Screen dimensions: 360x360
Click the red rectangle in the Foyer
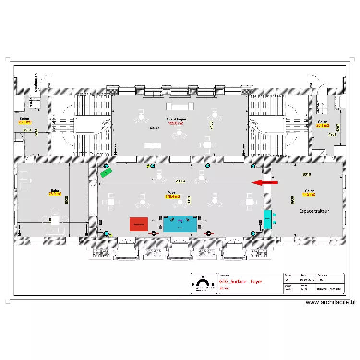[139, 224]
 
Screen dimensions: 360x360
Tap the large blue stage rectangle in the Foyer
[180, 224]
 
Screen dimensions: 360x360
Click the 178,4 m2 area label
[172, 197]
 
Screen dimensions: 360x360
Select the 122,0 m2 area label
[176, 123]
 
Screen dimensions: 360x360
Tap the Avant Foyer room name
[176, 119]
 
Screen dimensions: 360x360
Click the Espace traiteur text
[314, 211]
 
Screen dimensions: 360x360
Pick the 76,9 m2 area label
[55, 194]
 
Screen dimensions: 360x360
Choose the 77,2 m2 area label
[309, 195]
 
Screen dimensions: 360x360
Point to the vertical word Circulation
[36, 82]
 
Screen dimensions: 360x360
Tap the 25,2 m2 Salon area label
[24, 122]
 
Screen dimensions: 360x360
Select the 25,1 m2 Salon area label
[322, 126]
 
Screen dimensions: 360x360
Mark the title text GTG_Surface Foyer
[240, 282]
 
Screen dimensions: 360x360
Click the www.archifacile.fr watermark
[330, 302]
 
